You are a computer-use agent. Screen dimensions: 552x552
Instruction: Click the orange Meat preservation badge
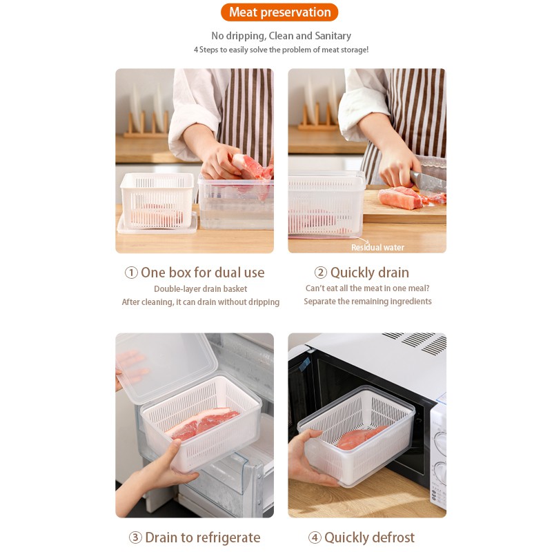click(x=279, y=12)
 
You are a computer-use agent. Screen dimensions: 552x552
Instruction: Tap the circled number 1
click(x=131, y=273)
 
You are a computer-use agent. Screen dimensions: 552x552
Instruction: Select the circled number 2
click(x=321, y=273)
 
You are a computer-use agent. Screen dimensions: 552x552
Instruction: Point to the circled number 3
click(x=135, y=538)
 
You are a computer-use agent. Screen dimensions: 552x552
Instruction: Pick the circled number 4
click(x=315, y=538)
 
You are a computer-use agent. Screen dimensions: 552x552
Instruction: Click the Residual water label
click(x=377, y=248)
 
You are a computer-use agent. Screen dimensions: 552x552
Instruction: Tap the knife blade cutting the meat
click(x=428, y=181)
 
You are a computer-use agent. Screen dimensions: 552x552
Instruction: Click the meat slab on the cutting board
click(x=402, y=198)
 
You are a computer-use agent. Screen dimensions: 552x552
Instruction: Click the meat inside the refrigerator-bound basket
click(x=202, y=424)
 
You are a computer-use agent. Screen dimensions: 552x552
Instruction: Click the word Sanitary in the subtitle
click(x=333, y=36)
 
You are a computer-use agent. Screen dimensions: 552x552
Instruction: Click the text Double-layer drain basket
click(x=200, y=289)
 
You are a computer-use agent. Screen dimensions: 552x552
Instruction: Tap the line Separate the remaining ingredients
click(x=368, y=302)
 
